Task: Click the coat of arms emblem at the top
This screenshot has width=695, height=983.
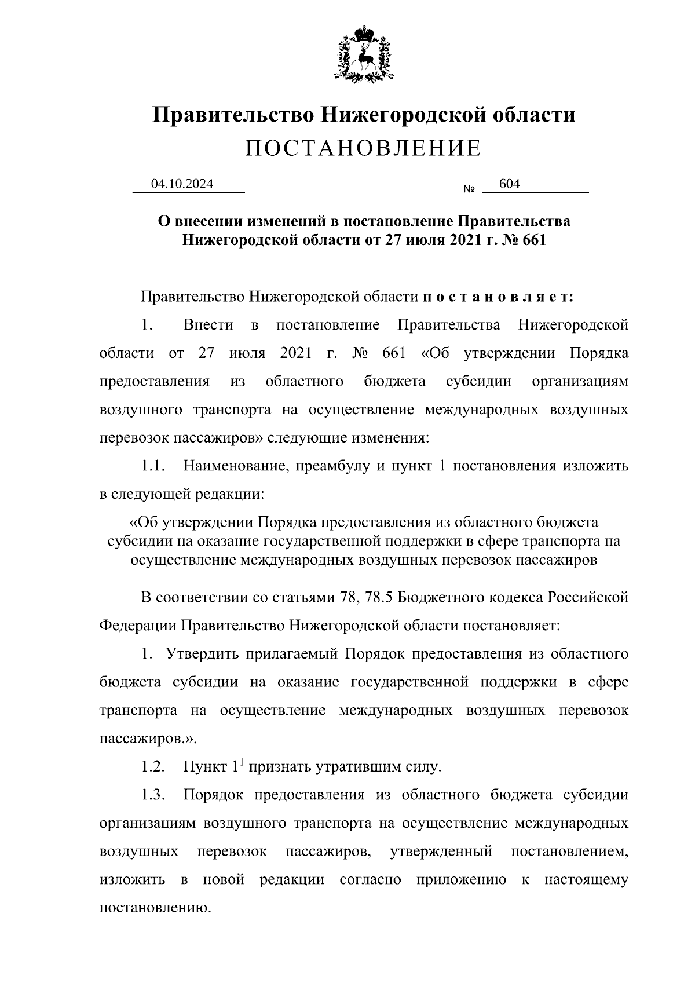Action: click(x=364, y=54)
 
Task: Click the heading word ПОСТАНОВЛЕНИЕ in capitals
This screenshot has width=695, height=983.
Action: click(x=363, y=149)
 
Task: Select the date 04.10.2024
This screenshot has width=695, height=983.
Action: click(x=182, y=184)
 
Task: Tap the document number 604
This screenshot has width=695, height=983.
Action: click(x=509, y=184)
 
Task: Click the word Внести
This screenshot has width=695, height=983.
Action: click(x=209, y=325)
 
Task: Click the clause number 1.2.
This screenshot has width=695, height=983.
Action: click(x=153, y=768)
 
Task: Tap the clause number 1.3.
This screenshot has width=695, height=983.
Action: click(x=153, y=795)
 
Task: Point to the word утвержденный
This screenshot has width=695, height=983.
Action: click(x=442, y=852)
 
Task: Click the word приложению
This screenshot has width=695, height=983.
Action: click(x=461, y=880)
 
